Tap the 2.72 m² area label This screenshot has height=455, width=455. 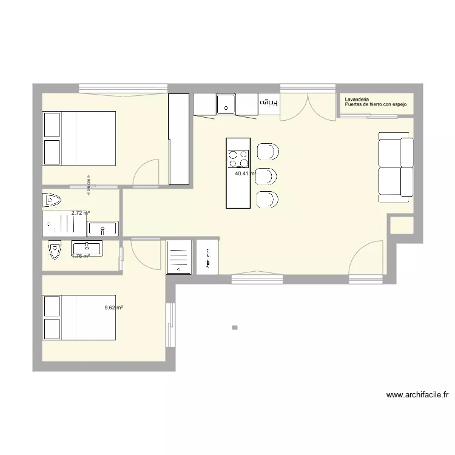tap(80, 213)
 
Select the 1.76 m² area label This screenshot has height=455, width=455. tap(80, 256)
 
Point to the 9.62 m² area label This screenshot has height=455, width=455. tap(113, 308)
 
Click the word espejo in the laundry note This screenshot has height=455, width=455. tap(399, 105)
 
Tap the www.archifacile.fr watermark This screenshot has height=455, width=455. tap(417, 395)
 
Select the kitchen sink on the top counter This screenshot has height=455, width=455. tap(226, 104)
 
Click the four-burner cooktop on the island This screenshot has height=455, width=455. tap(238, 159)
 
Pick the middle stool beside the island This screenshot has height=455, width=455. tap(267, 176)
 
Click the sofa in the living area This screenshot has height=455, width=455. tap(396, 167)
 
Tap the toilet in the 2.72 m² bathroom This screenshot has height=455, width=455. tap(52, 200)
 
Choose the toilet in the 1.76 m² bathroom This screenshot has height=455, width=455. tap(54, 251)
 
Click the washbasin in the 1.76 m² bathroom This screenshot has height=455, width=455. tap(87, 248)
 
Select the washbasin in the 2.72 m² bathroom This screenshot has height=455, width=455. tap(103, 229)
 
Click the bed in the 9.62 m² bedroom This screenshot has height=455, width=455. tap(78, 318)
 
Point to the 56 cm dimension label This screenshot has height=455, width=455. tap(89, 184)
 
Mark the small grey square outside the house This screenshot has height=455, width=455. tap(235, 328)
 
